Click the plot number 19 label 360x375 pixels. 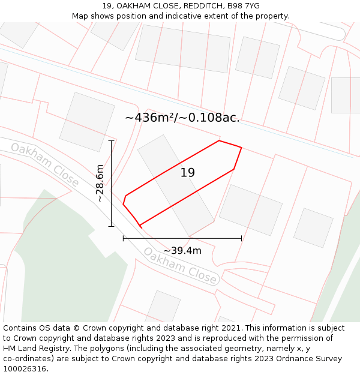point(188,173)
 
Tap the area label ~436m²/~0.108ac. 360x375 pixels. point(182,118)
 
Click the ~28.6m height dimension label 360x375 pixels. point(100,183)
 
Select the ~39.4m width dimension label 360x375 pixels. point(182,250)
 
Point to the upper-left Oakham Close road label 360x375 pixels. point(45,164)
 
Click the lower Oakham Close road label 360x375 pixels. point(179,265)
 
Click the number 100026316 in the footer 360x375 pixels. point(26,368)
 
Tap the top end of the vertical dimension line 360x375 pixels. point(111,140)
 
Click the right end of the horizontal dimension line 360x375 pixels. point(242,238)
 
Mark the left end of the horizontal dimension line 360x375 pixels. point(123,238)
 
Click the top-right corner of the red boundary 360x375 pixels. point(241,148)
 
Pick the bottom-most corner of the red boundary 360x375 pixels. point(140,226)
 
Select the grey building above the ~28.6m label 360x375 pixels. point(87,122)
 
